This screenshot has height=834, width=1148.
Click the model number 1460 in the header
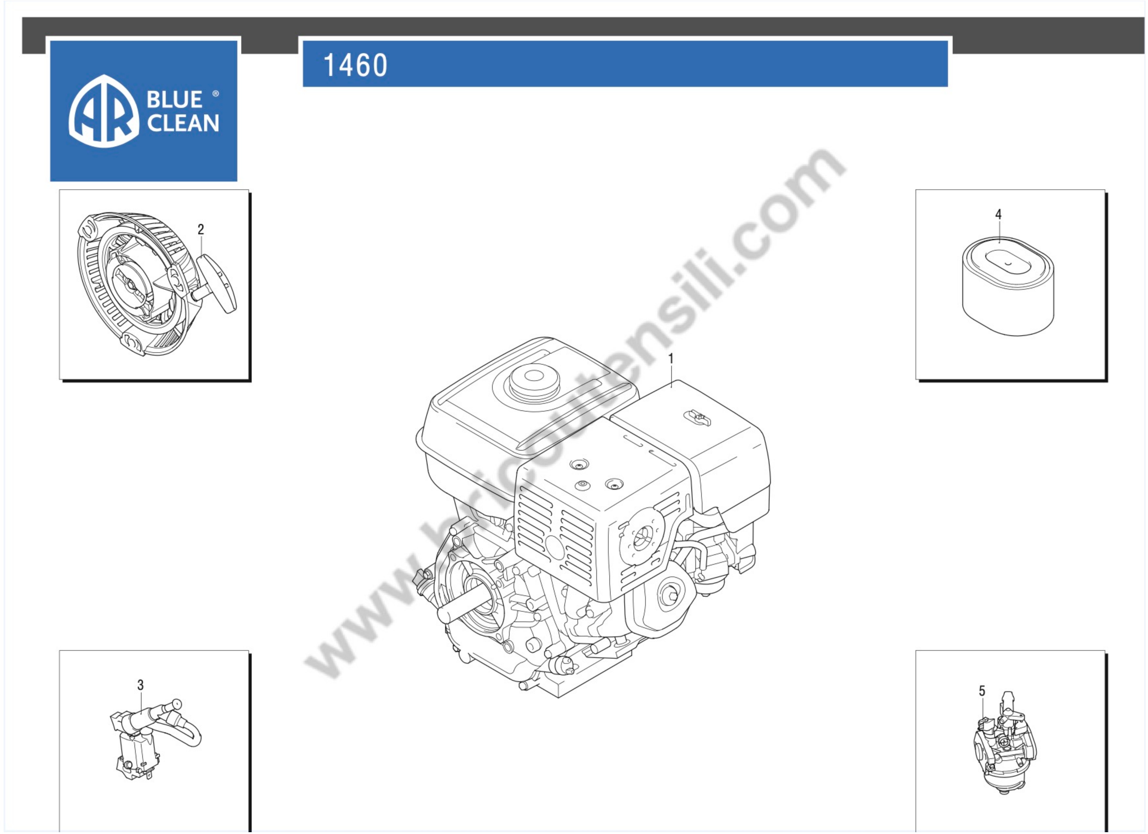click(355, 65)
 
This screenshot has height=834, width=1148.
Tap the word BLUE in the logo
click(175, 100)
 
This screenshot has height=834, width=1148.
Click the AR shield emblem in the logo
click(104, 111)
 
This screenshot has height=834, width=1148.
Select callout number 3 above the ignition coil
click(141, 685)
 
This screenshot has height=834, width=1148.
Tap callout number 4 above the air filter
click(998, 215)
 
